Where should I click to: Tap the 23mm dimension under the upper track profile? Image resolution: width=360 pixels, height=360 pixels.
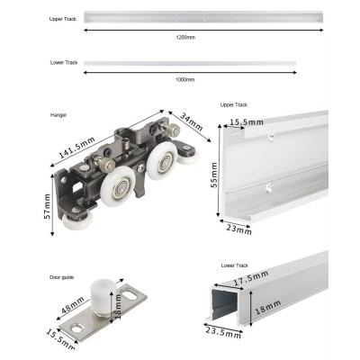[237, 229]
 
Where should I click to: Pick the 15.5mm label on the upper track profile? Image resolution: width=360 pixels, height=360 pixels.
[246, 121]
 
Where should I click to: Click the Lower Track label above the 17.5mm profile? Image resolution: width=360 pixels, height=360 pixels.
[233, 267]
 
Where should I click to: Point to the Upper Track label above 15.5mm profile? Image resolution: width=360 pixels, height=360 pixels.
[233, 105]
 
